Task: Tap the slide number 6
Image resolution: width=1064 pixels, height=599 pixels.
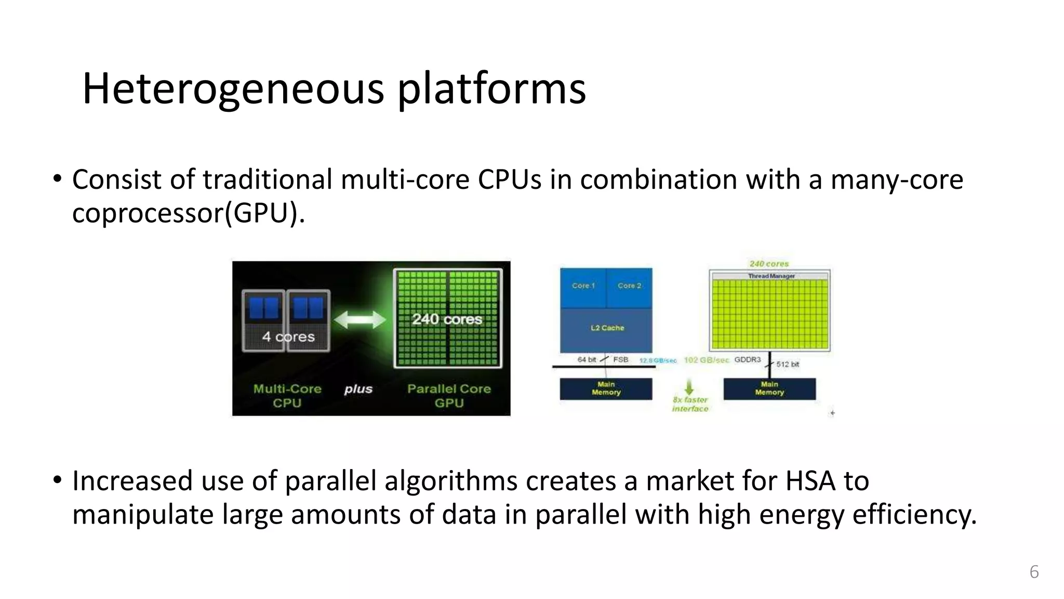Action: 1034,572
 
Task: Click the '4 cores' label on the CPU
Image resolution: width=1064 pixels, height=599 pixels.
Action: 288,337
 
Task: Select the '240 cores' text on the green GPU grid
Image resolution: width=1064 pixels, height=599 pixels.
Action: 447,319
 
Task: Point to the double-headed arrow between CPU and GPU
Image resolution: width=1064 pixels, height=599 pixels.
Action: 360,320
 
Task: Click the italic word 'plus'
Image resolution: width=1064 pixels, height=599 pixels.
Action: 358,389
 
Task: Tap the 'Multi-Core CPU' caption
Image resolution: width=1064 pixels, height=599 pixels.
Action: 287,396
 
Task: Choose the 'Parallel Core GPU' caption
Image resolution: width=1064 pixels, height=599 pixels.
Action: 449,396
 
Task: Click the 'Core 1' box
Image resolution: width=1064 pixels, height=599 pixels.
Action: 583,287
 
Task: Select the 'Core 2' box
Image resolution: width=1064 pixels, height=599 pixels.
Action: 629,287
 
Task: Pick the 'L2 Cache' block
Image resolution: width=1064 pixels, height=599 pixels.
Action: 607,328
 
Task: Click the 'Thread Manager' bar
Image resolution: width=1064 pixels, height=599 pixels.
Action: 771,276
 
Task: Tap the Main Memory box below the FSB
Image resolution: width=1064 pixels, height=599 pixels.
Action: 606,389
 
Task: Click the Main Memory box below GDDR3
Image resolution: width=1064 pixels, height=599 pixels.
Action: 769,389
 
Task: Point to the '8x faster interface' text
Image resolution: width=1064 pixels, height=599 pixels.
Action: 690,405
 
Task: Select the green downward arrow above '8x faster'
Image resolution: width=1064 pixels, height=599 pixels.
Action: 689,388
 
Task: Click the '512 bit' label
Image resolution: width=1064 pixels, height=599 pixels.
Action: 788,364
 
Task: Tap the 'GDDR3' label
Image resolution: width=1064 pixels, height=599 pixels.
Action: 747,360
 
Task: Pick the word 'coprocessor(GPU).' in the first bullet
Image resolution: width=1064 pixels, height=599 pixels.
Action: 188,213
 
